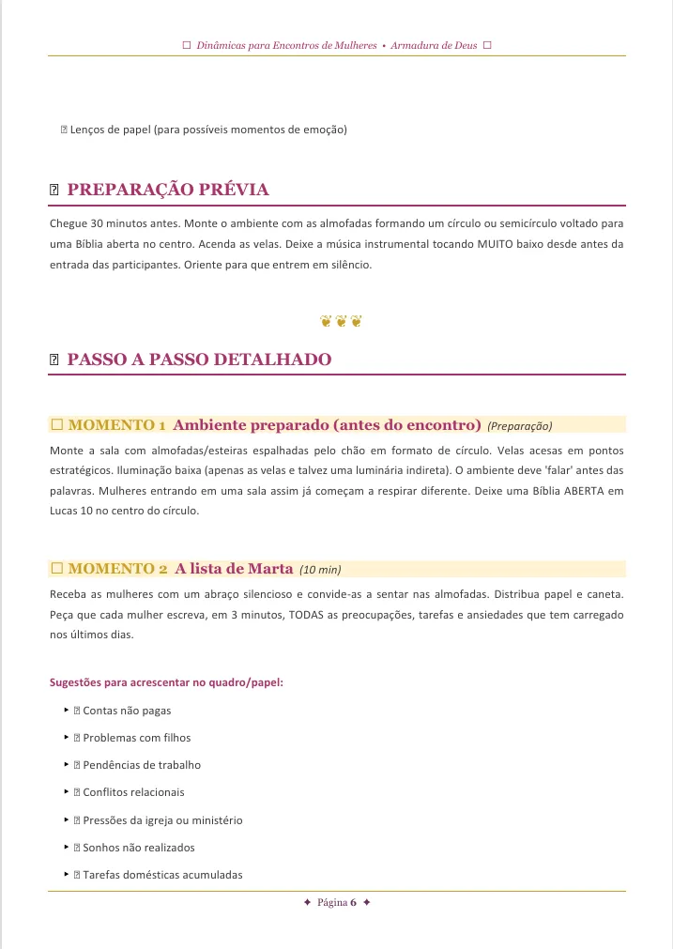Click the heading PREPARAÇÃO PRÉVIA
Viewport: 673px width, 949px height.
coord(168,190)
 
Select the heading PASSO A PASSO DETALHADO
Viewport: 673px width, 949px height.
coord(199,360)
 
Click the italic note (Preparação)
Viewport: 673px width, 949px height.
coord(520,425)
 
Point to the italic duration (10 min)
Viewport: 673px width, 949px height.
coord(320,569)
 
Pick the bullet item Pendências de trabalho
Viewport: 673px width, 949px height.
coord(142,765)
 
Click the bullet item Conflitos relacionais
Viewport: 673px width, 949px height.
coord(133,792)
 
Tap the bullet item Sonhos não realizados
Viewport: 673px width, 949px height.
coord(139,848)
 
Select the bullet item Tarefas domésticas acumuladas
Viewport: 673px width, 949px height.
coord(162,875)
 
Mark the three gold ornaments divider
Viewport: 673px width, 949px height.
coord(341,321)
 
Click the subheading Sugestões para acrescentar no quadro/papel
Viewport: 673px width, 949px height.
coord(166,682)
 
